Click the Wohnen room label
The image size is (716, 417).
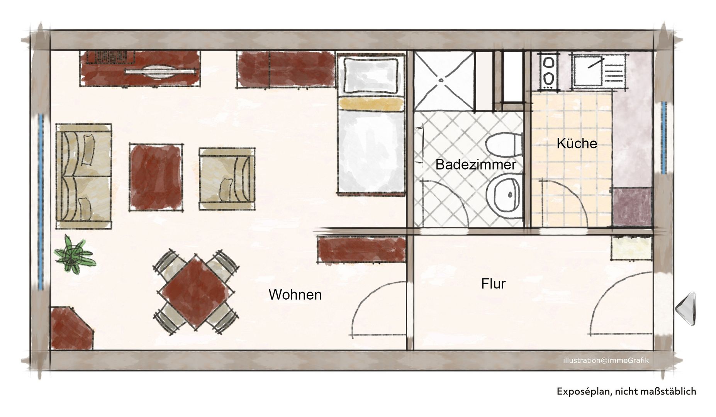click(295, 295)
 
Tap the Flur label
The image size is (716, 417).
click(493, 284)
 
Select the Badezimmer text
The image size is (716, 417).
click(475, 164)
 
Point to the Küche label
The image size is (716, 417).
click(577, 143)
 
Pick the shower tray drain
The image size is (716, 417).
click(441, 80)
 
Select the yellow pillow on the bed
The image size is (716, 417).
click(371, 103)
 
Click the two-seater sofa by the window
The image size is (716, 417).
click(84, 176)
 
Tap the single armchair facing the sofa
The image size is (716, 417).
click(227, 178)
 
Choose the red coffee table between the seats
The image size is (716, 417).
click(156, 176)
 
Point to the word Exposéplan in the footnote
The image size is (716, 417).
click(583, 392)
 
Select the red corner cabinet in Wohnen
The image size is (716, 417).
click(71, 328)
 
